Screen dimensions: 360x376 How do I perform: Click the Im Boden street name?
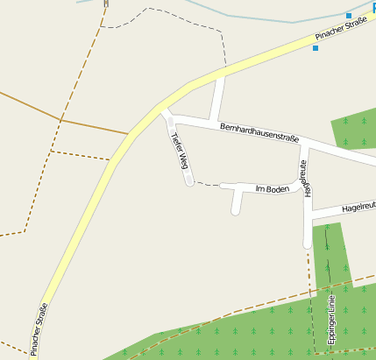point(272,189)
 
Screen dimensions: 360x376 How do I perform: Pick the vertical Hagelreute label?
point(305,178)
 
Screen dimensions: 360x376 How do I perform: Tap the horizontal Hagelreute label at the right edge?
point(358,208)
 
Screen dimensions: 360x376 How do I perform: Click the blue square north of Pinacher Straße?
point(349,16)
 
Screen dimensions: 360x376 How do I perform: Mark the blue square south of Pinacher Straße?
point(316,48)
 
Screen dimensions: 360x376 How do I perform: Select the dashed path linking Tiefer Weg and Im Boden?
point(206,184)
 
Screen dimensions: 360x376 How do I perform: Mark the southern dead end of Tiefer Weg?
point(188,181)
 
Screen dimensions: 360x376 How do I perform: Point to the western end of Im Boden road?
point(223,186)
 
